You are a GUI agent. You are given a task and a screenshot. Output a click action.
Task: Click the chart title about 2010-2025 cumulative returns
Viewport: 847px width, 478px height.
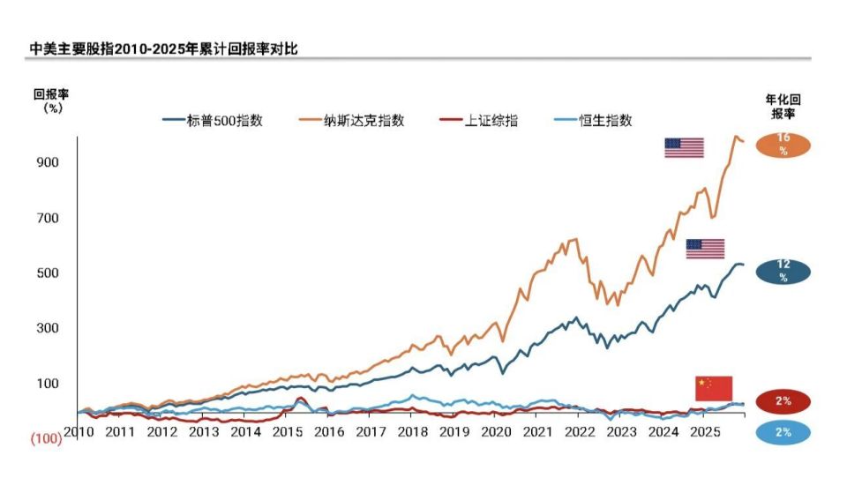point(163,49)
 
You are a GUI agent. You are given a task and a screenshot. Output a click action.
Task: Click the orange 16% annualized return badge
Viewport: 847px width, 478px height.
point(783,144)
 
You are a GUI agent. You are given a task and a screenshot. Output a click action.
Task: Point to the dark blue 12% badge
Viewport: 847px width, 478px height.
point(783,271)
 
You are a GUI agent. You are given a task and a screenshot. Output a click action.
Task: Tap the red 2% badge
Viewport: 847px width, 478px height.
point(783,401)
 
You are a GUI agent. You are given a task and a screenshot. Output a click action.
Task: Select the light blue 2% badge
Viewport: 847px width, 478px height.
point(783,432)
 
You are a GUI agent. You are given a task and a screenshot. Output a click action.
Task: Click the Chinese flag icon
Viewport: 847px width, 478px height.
point(714,388)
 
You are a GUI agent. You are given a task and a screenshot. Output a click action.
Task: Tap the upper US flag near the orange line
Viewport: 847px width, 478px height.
point(684,147)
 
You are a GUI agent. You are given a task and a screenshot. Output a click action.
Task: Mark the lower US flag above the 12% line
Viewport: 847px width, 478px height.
point(705,249)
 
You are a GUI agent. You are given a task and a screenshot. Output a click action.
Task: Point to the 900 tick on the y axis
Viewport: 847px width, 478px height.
point(48,162)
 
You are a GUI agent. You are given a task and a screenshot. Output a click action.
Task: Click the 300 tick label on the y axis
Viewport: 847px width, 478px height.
point(48,328)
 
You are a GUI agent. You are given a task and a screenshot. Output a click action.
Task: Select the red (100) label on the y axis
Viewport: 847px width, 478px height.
point(46,438)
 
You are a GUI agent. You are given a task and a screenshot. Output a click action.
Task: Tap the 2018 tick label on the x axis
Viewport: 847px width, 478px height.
point(412,433)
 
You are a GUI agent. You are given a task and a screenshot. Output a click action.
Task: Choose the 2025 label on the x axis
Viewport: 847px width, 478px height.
point(704,433)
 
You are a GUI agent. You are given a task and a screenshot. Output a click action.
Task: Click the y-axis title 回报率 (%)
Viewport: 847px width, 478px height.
point(52,101)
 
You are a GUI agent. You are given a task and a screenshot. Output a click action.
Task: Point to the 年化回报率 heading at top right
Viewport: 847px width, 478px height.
point(783,107)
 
